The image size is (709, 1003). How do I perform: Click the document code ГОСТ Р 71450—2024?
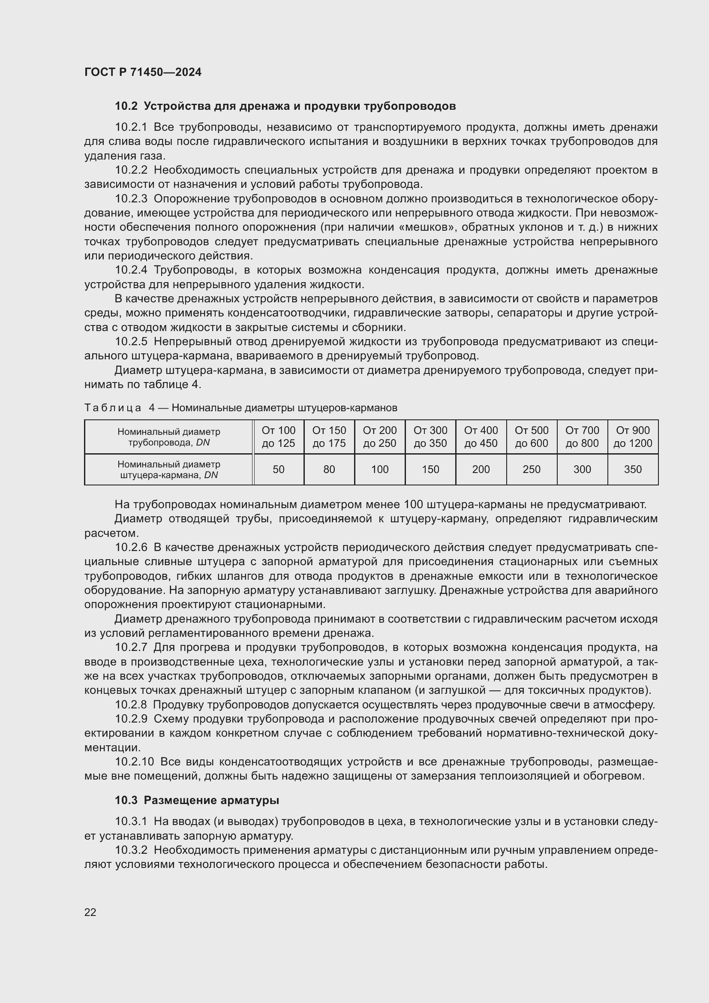pyautogui.click(x=143, y=72)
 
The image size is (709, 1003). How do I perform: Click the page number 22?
pyautogui.click(x=90, y=912)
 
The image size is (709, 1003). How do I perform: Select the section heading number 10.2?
pyautogui.click(x=126, y=106)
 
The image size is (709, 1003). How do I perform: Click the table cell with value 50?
pyautogui.click(x=279, y=470)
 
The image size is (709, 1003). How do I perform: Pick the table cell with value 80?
pyautogui.click(x=329, y=470)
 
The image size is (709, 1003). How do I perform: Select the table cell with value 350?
pyautogui.click(x=633, y=470)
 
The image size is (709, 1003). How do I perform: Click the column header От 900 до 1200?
pyautogui.click(x=633, y=437)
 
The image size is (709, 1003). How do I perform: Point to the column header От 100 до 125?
pyautogui.click(x=279, y=437)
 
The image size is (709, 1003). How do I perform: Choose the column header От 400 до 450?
pyautogui.click(x=481, y=437)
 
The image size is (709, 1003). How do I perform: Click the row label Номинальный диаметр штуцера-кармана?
pyautogui.click(x=168, y=470)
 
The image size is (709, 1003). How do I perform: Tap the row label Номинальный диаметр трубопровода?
pyautogui.click(x=168, y=437)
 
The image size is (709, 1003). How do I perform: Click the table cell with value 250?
pyautogui.click(x=531, y=470)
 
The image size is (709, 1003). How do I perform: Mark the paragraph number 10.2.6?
pyautogui.click(x=131, y=547)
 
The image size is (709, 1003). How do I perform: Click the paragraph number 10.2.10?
pyautogui.click(x=135, y=762)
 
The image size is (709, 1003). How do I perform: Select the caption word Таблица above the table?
pyautogui.click(x=113, y=408)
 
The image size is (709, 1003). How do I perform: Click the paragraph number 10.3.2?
pyautogui.click(x=131, y=850)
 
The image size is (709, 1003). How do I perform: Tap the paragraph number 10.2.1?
pyautogui.click(x=131, y=127)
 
